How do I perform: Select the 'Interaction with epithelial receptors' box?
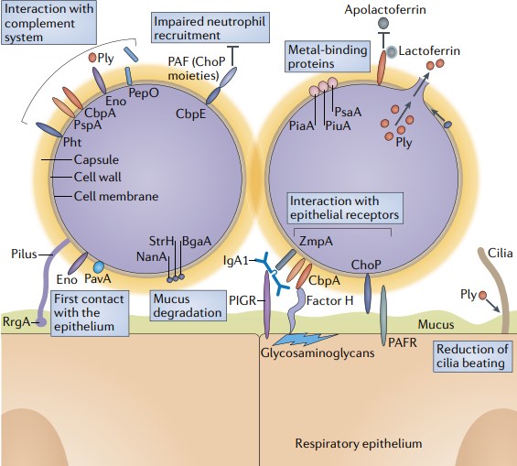[344, 208]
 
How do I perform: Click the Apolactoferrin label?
[407, 9]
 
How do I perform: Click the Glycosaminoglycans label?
[315, 352]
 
